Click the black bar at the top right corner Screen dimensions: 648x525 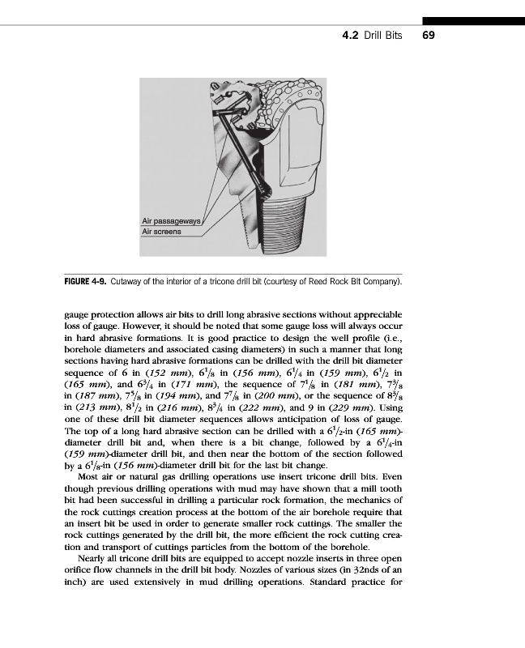pos(473,20)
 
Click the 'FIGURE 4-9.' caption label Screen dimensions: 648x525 pos(87,281)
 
